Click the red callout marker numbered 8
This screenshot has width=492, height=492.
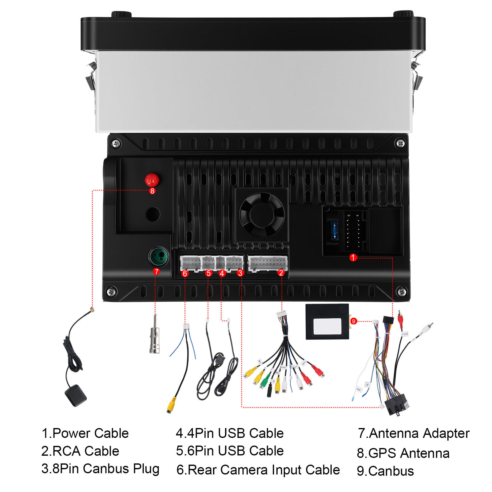point(152,191)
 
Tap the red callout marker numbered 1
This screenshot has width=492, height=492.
point(353,257)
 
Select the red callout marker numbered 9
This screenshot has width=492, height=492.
point(354,321)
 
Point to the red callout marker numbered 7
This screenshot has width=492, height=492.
point(157,272)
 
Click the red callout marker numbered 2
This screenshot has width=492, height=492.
point(281,273)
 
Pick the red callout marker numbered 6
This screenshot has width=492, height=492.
point(185,273)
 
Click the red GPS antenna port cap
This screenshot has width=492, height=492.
point(152,180)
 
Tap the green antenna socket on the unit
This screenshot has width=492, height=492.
point(158,257)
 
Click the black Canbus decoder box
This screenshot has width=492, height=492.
point(327,322)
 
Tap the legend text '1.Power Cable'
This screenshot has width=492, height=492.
point(85,433)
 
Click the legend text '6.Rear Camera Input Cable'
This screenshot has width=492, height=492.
point(258,470)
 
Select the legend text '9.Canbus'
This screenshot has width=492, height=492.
point(385,471)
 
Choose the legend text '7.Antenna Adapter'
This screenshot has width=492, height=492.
point(414,434)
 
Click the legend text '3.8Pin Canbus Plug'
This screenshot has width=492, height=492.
point(100,469)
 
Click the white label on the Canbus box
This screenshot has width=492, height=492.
point(327,326)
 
